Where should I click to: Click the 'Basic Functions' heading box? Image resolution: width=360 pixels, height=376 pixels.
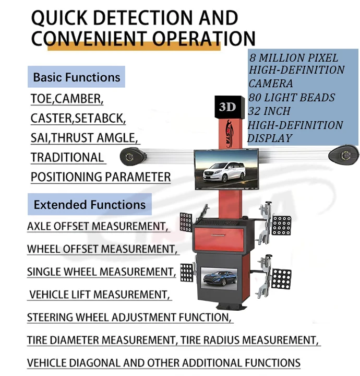point(76,77)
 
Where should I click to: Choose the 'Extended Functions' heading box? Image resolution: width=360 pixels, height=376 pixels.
point(89,205)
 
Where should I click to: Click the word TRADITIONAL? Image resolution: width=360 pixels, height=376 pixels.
point(67,158)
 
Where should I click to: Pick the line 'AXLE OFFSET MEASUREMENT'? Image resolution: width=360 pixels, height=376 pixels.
point(97,227)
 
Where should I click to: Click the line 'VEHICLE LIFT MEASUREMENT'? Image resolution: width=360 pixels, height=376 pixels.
point(99,295)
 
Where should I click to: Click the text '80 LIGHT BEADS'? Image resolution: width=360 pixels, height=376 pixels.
point(291,97)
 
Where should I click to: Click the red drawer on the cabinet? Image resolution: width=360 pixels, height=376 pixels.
point(218,239)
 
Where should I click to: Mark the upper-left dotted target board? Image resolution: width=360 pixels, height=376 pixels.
point(186,221)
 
